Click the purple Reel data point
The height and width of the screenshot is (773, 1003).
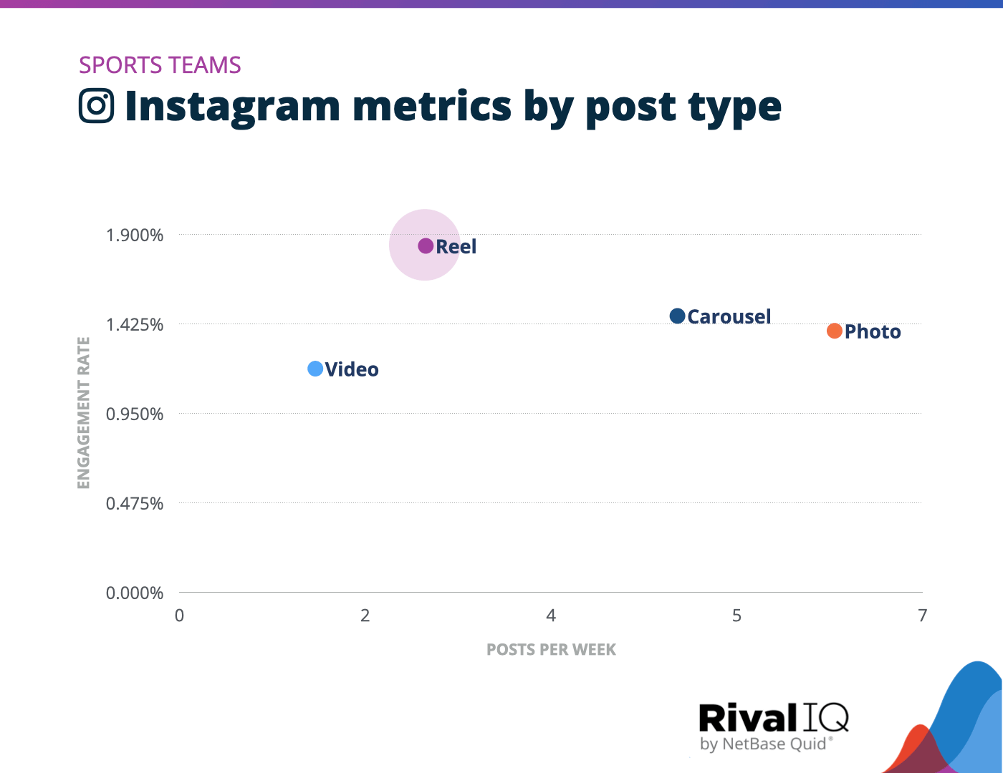(x=426, y=245)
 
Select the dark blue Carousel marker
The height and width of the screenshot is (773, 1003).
(x=677, y=316)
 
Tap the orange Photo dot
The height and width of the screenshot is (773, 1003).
(x=834, y=331)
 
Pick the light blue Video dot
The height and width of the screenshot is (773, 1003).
(x=315, y=369)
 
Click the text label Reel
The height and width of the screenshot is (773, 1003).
(x=456, y=247)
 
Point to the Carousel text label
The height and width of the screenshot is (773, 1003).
(x=729, y=316)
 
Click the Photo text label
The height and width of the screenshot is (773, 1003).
(x=872, y=332)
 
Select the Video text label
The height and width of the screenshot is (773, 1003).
(x=352, y=370)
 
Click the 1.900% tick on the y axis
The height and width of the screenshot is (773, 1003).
(x=135, y=235)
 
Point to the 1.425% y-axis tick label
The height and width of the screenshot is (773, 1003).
(x=135, y=325)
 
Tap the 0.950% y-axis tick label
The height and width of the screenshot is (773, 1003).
(x=135, y=414)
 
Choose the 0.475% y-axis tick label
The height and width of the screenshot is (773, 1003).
(x=135, y=504)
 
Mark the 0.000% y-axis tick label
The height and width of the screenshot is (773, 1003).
(x=135, y=593)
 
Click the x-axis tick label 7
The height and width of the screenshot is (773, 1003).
(x=922, y=616)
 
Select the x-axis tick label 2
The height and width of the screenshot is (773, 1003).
(x=365, y=616)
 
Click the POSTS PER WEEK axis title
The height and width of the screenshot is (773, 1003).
(x=551, y=650)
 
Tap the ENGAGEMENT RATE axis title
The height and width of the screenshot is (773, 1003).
(x=84, y=413)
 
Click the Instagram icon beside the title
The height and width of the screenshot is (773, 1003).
(x=97, y=106)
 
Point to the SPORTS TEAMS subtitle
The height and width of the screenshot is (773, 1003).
(x=160, y=65)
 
